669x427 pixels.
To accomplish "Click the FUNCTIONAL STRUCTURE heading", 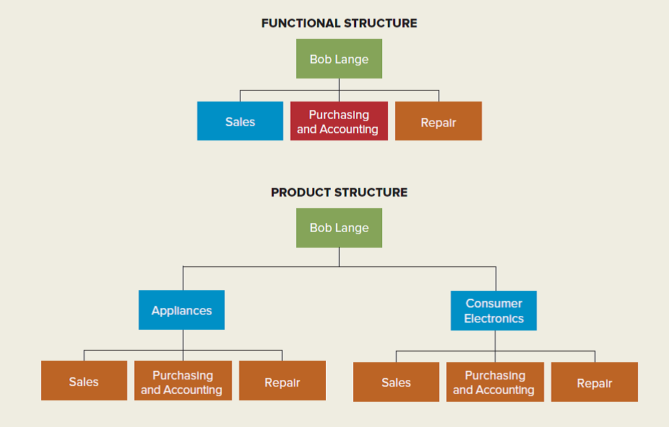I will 339,23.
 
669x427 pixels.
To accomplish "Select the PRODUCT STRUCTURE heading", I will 339,192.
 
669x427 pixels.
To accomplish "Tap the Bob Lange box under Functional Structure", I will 339,59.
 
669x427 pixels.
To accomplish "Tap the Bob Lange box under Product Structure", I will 339,228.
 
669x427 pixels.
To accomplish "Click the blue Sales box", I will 240,122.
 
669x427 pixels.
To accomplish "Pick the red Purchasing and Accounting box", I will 339,122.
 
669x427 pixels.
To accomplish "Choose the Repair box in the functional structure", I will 438,122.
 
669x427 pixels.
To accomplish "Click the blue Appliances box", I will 182,310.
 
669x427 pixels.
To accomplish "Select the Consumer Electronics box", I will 494,310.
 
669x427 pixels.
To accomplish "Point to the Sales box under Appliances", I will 84,382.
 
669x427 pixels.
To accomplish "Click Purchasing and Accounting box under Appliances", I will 182,382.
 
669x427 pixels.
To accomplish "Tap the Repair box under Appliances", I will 282,382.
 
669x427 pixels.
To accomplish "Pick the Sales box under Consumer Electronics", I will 396,382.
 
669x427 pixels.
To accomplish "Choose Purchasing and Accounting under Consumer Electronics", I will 495,382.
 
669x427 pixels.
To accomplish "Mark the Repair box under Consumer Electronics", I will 594,382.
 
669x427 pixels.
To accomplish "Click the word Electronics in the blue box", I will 494,318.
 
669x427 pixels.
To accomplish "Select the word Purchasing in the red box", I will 339,114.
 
